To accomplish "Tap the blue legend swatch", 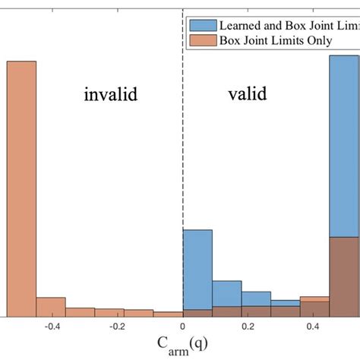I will [x=201, y=25].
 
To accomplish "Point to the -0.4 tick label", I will [x=52, y=326].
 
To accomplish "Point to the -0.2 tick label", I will [x=117, y=326].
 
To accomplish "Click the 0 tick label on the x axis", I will [x=183, y=326].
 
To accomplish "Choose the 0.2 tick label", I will [x=248, y=326].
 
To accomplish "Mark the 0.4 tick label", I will [x=314, y=326].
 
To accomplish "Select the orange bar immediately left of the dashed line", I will [x=168, y=313].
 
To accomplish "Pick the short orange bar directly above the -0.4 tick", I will [x=51, y=306].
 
